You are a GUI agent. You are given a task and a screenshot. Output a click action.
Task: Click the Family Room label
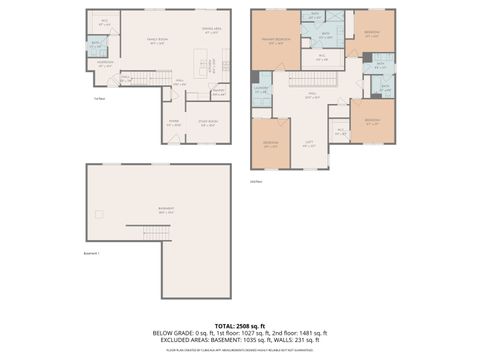(156, 41)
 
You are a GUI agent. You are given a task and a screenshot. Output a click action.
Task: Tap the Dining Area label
(212, 31)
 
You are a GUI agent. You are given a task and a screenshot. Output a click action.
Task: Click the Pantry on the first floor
(217, 91)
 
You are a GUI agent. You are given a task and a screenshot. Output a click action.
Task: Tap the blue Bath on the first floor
(96, 45)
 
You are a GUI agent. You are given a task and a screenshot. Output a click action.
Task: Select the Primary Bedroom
(275, 41)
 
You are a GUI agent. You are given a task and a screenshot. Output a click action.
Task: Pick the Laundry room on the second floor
(261, 93)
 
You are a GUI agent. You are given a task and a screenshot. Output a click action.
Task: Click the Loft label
(309, 143)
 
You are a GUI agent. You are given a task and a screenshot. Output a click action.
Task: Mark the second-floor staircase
(317, 79)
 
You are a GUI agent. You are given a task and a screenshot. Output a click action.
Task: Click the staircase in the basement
(157, 232)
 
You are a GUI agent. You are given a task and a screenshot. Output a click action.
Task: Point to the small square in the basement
(99, 214)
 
